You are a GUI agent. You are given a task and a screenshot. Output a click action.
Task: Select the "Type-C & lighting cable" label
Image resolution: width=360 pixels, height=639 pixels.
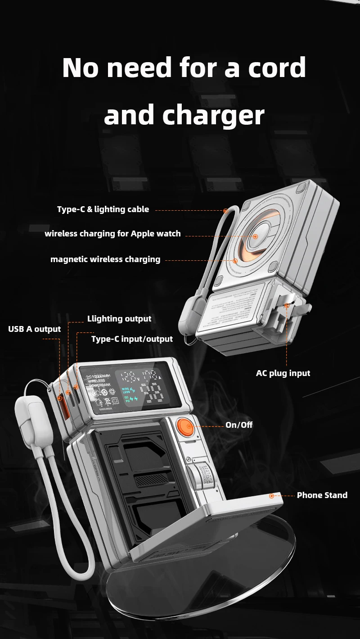[x=103, y=209]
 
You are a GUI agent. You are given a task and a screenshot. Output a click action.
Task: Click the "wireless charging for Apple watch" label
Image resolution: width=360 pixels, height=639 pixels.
[x=112, y=234]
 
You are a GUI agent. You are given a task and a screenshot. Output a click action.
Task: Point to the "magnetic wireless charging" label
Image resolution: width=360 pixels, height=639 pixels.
[x=105, y=259]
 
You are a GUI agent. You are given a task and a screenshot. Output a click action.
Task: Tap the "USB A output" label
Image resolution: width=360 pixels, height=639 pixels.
[x=34, y=329]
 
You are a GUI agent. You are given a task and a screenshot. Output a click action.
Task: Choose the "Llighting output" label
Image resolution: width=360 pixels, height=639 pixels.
[x=119, y=319]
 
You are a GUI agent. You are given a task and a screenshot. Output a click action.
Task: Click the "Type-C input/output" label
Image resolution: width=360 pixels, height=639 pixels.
[x=132, y=339]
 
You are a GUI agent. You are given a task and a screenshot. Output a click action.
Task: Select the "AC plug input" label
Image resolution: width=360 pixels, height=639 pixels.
[x=283, y=373]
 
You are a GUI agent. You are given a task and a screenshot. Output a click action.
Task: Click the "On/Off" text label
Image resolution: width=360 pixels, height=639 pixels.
[x=239, y=425]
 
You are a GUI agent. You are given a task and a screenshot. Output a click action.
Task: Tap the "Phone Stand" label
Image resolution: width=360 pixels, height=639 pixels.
[x=322, y=495]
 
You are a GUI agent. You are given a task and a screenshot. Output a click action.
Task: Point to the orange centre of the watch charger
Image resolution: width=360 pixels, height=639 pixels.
[x=255, y=236]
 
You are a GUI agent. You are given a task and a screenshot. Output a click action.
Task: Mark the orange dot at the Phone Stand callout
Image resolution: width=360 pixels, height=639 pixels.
[x=272, y=496]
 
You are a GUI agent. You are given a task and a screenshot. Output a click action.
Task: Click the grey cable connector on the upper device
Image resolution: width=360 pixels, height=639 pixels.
[x=189, y=320]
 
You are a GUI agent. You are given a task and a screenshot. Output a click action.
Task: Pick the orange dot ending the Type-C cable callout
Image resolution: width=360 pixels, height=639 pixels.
[x=225, y=210]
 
